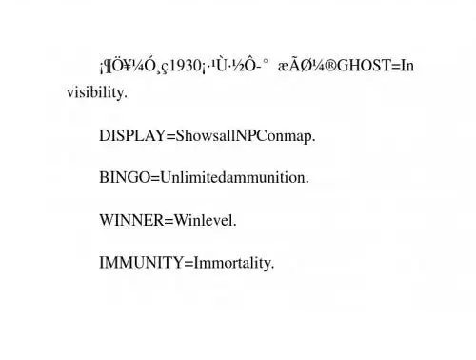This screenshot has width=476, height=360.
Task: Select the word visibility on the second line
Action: (x=97, y=92)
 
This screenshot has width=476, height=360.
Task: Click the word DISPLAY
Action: (x=132, y=136)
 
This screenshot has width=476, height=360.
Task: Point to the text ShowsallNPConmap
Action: (x=246, y=136)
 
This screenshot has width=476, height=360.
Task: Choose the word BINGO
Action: (x=125, y=177)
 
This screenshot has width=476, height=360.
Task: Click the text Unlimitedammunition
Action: (x=234, y=177)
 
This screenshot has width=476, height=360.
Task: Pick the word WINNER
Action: (x=131, y=220)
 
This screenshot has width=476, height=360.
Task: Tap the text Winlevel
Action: (x=206, y=220)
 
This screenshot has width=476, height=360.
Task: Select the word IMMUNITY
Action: (x=141, y=263)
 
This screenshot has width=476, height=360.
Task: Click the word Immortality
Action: (x=234, y=263)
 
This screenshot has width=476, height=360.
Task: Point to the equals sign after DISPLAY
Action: (x=170, y=136)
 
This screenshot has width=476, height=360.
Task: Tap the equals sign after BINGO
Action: (x=155, y=178)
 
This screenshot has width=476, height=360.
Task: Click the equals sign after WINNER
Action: (x=169, y=221)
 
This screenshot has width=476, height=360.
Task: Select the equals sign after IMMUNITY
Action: (x=188, y=264)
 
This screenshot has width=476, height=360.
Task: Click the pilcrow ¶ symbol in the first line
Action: (x=108, y=67)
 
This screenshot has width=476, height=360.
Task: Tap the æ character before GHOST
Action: (x=284, y=67)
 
